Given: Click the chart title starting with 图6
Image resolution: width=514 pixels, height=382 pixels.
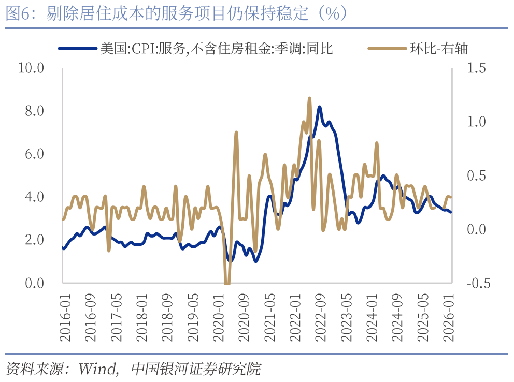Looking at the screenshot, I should (176, 13).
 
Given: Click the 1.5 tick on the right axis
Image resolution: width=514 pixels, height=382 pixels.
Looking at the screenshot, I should (476, 68).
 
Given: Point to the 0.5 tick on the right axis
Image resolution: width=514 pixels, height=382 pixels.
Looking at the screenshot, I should (476, 175).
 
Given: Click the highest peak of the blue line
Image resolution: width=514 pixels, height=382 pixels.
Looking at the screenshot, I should (320, 107).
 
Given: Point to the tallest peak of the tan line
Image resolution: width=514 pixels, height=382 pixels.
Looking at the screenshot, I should (309, 98).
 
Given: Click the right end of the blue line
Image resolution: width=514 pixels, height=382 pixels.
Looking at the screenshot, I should (450, 212).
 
